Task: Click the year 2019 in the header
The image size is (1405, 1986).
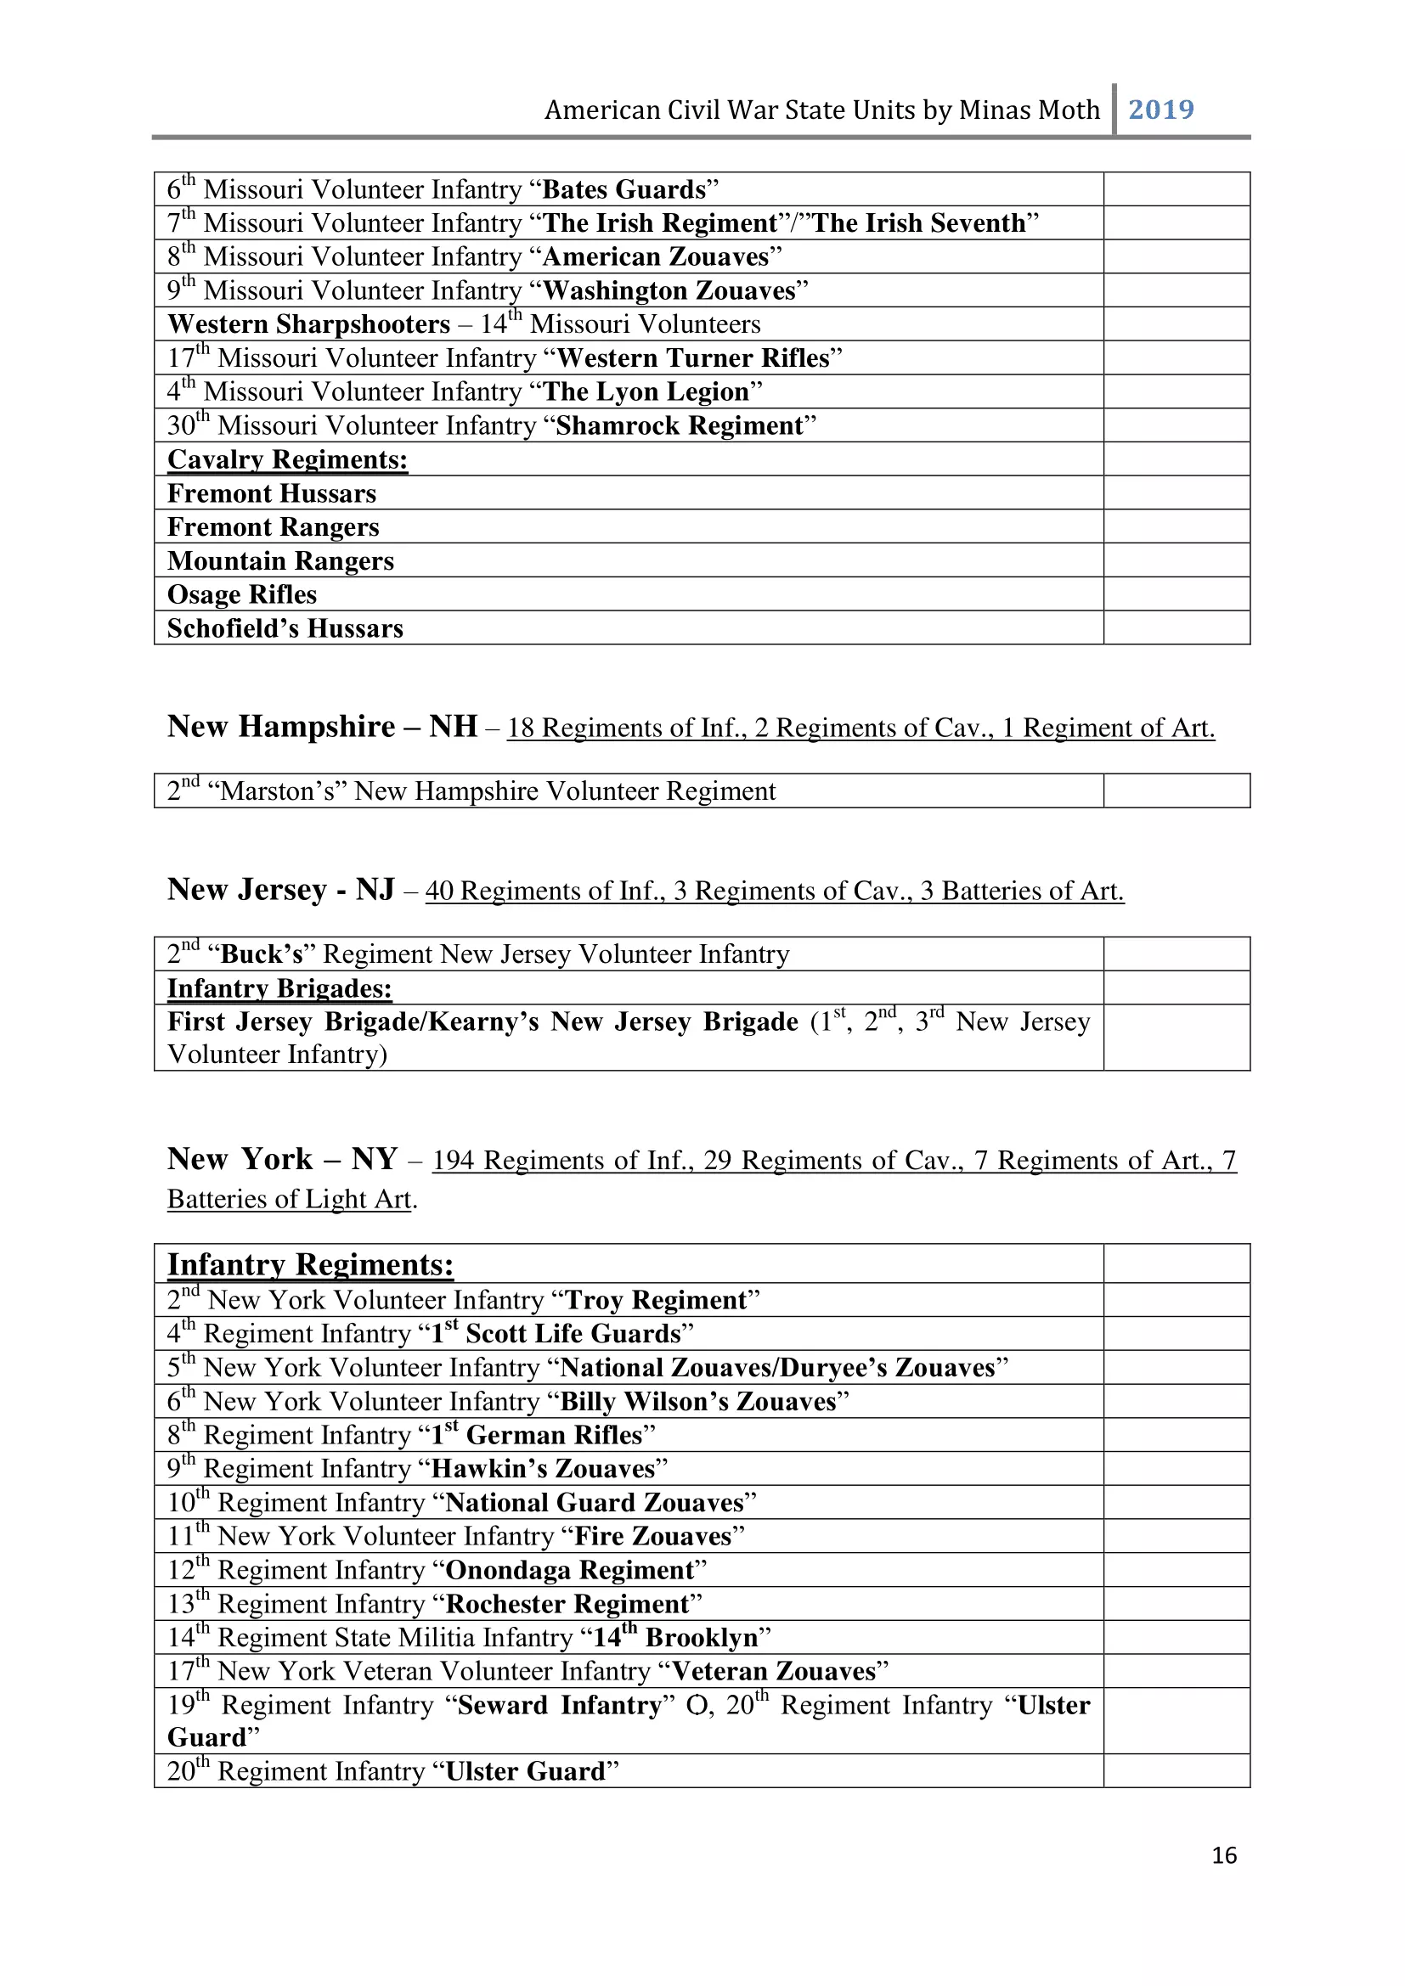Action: click(x=1160, y=110)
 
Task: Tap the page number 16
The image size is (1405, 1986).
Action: click(x=1223, y=1854)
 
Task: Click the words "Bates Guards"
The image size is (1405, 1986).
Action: click(x=624, y=189)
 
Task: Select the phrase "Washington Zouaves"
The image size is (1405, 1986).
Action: click(x=669, y=290)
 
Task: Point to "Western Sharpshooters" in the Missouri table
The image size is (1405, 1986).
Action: click(x=309, y=324)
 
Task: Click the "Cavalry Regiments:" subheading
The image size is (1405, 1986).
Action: click(x=287, y=459)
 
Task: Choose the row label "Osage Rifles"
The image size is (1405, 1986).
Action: click(x=242, y=595)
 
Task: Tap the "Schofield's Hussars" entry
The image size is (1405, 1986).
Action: click(x=285, y=629)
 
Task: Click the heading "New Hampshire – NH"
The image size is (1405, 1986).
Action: click(x=322, y=727)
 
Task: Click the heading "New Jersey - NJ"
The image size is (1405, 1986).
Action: click(x=281, y=889)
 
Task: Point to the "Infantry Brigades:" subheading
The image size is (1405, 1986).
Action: click(x=279, y=987)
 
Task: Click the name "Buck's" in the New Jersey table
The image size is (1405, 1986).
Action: click(x=262, y=954)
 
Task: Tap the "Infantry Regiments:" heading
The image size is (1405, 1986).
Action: click(x=310, y=1264)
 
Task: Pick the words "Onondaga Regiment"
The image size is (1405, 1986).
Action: click(x=569, y=1570)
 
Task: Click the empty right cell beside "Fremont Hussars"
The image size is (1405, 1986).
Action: click(x=1176, y=493)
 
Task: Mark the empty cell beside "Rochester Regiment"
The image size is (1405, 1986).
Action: click(x=1176, y=1604)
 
